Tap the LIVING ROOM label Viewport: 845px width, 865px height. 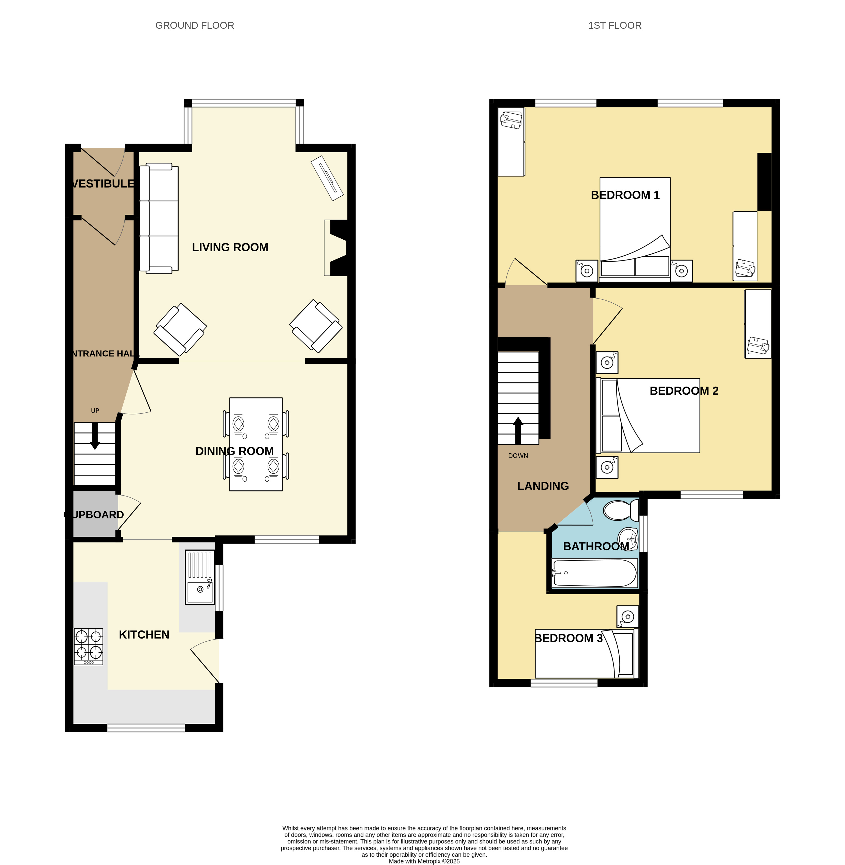pyautogui.click(x=230, y=248)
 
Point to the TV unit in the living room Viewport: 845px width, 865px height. pyautogui.click(x=327, y=178)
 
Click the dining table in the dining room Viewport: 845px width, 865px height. pyautogui.click(x=256, y=444)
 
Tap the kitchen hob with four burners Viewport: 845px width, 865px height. pyautogui.click(x=88, y=646)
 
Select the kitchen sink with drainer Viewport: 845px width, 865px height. pyautogui.click(x=200, y=577)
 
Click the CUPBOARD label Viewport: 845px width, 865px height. pyautogui.click(x=94, y=515)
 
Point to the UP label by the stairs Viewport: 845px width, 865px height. pyautogui.click(x=95, y=411)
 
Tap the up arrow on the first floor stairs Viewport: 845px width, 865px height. pyautogui.click(x=518, y=430)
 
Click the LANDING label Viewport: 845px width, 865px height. pyautogui.click(x=543, y=486)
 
